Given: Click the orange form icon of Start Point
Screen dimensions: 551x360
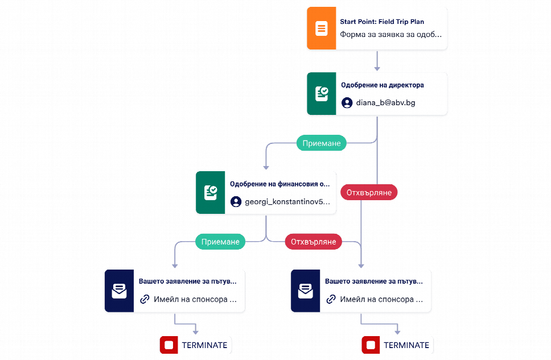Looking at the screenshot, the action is click(x=321, y=28).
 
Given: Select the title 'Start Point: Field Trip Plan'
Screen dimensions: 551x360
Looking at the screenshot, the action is click(x=382, y=22).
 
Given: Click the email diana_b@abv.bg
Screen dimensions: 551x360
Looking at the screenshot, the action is click(x=385, y=102).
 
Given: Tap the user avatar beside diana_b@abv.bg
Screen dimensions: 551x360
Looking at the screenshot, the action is click(x=347, y=102).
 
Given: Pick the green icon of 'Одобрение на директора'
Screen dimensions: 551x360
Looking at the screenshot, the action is click(x=321, y=94).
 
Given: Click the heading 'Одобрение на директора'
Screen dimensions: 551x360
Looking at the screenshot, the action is click(x=383, y=85).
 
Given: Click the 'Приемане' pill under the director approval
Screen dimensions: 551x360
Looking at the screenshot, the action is click(x=322, y=143).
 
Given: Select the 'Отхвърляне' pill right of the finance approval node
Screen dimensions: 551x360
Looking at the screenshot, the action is click(x=369, y=192).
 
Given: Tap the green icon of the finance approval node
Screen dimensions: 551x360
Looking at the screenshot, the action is click(x=210, y=192).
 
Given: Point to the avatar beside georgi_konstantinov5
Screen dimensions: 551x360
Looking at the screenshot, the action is click(x=236, y=201).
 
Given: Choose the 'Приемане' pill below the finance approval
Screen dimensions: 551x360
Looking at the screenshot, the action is click(x=220, y=242).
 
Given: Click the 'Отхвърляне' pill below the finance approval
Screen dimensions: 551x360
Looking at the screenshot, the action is click(x=314, y=242).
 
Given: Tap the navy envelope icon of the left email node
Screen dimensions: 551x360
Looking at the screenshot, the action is click(x=119, y=291).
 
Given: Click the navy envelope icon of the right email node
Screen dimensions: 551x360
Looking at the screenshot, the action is click(x=305, y=291).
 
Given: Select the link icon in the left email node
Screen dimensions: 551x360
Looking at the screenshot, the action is click(x=145, y=299).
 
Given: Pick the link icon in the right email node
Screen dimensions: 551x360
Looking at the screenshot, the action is click(x=331, y=299).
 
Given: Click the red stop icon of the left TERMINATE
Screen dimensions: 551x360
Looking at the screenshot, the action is click(x=168, y=345).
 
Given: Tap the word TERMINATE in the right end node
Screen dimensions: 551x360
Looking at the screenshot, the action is click(x=406, y=345).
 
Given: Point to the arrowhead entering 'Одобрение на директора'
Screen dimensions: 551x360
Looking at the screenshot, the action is click(x=377, y=68).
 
